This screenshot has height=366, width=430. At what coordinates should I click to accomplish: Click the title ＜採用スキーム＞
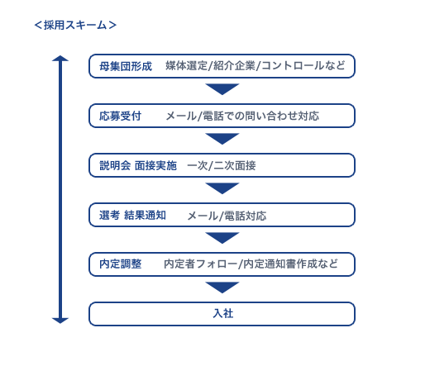75,25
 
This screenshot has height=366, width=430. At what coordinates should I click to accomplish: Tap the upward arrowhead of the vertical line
60,59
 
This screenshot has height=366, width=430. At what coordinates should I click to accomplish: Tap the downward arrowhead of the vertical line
60,321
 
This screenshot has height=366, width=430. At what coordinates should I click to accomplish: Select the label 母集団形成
126,66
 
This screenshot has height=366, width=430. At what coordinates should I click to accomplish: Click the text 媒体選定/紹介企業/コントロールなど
255,66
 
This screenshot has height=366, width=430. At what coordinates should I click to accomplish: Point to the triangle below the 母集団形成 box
222,89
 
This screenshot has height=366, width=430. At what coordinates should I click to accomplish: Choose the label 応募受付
120,116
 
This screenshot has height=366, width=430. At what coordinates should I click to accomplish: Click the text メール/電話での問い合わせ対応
242,116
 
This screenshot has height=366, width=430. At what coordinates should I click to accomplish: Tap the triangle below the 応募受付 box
222,139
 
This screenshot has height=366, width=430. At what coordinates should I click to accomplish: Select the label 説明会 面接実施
138,165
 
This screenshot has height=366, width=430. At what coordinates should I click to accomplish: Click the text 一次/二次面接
222,165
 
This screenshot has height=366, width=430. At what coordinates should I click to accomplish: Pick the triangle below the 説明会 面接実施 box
222,188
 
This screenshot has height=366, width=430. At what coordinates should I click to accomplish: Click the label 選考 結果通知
132,215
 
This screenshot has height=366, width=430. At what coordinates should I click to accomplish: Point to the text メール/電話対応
227,216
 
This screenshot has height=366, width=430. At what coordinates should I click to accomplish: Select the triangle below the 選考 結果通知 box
222,238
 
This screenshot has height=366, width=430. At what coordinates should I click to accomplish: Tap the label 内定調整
120,264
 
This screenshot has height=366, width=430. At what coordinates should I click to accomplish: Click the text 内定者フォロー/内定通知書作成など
251,264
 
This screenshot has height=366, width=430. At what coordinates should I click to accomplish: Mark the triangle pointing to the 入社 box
222,288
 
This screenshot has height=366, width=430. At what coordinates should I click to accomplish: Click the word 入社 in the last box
223,313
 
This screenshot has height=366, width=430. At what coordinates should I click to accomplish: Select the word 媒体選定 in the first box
186,66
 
